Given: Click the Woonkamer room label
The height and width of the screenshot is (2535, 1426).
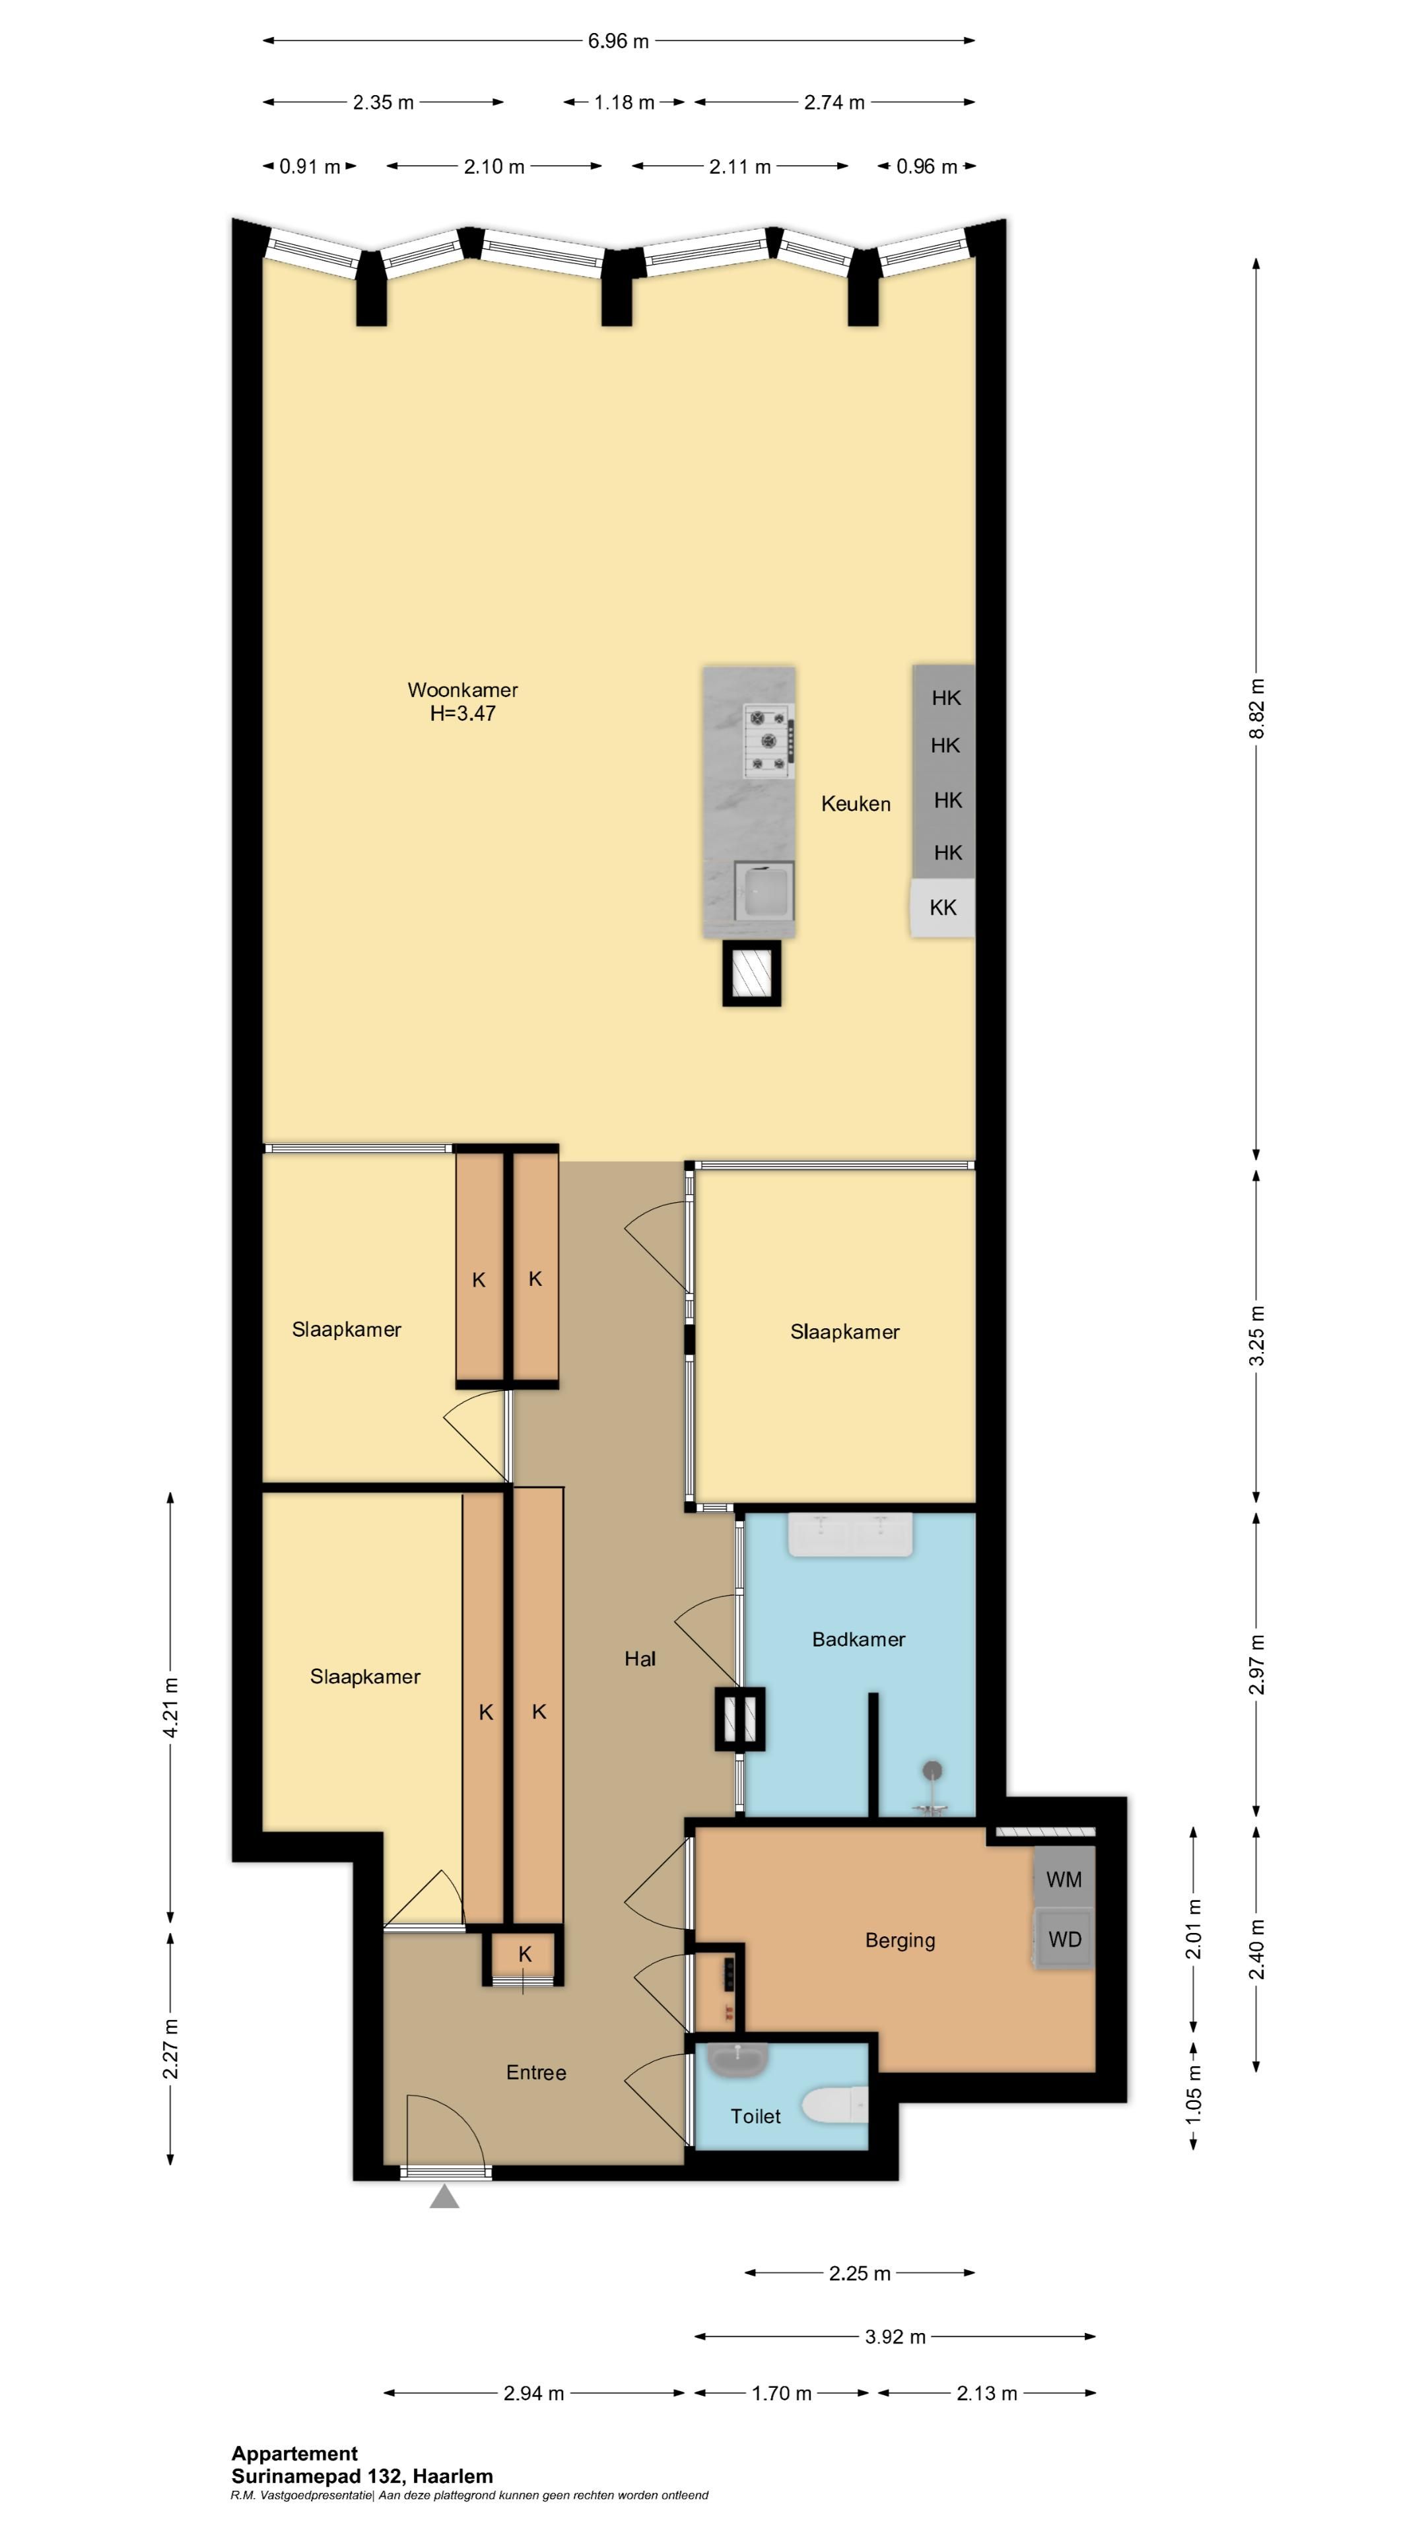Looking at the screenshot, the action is (463, 690).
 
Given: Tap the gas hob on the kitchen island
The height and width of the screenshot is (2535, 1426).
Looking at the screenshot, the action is (768, 741).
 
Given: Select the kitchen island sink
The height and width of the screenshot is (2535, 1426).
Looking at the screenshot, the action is (764, 893).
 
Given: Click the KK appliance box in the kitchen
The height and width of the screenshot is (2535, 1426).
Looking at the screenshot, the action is (942, 907).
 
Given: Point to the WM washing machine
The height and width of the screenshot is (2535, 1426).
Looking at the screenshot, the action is (1064, 1879).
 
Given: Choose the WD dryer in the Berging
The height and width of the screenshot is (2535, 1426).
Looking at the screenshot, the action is (1064, 1940).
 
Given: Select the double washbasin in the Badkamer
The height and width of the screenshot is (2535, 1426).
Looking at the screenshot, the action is (850, 1537).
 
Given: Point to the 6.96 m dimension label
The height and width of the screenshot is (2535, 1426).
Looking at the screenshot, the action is (618, 42).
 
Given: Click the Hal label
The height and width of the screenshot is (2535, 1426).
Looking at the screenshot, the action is (640, 1659).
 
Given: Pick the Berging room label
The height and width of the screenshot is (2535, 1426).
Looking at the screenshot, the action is (899, 1941).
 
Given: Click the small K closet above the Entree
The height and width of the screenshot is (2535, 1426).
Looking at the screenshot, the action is (525, 1954).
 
